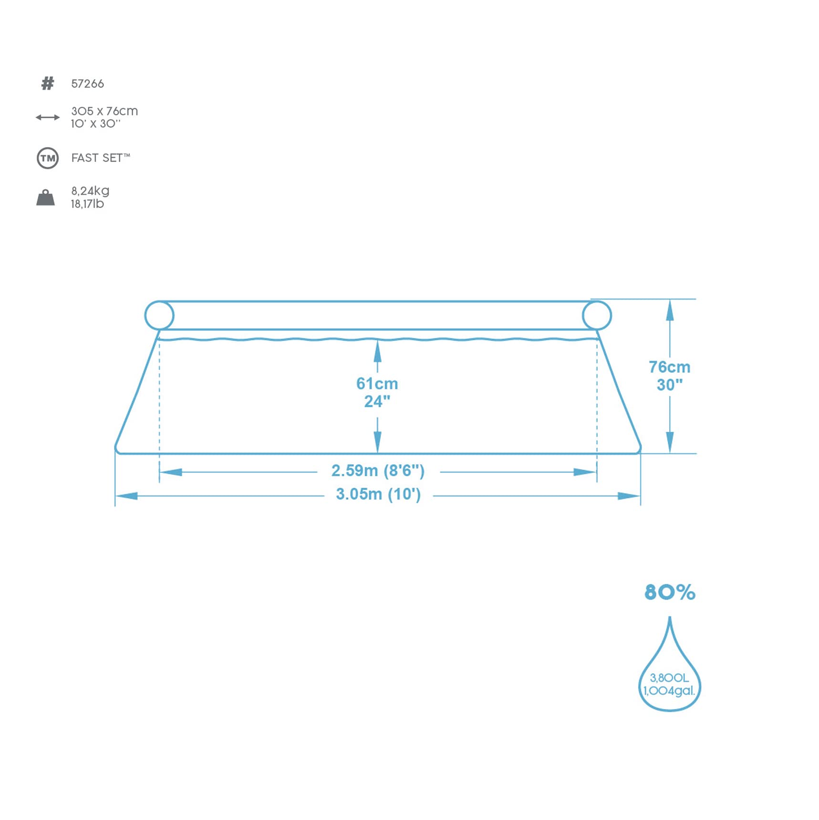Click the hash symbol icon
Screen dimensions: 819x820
(48, 83)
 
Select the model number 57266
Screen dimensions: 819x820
(87, 84)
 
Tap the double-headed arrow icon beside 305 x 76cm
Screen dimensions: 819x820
(48, 117)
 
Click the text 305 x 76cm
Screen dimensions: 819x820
(104, 111)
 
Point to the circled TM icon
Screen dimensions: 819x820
(48, 158)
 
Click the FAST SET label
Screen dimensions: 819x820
(101, 158)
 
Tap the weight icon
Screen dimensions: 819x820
(46, 197)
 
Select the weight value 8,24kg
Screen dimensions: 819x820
(90, 191)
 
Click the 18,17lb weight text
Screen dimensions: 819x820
(87, 204)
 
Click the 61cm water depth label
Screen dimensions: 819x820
(377, 384)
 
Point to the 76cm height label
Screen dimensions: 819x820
(669, 367)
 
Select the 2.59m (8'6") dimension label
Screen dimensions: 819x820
(378, 471)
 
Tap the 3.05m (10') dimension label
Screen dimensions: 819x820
(378, 494)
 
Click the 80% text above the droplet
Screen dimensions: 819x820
(670, 592)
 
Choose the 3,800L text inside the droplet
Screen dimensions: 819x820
(669, 677)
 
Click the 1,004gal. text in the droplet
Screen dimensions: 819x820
(669, 691)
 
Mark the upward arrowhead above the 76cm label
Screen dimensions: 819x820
(670, 310)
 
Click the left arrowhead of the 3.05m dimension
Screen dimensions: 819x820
(126, 496)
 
